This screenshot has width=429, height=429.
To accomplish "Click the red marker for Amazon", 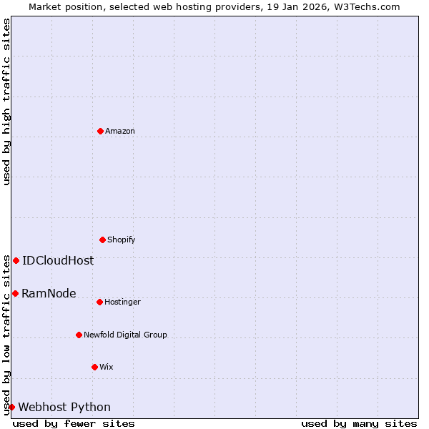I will (100, 131).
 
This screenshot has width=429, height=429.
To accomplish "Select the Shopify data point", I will (102, 240).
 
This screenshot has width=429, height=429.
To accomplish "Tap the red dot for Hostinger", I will (99, 302).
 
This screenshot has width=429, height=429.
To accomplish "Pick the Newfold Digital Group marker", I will (79, 335).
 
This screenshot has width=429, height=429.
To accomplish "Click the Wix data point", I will (94, 367).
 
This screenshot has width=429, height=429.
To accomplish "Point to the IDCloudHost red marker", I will (16, 260).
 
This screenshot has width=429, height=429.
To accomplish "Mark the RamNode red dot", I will (15, 293).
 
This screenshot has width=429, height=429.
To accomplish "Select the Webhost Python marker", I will (11, 407).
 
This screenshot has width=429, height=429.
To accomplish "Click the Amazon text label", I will (120, 131).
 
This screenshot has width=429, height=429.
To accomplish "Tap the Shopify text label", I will (122, 240).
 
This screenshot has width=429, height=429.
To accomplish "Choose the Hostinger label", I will (122, 302).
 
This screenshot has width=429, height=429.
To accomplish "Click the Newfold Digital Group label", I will (125, 335).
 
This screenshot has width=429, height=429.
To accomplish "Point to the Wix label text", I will (107, 367).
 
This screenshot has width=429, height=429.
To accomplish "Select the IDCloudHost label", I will (58, 260).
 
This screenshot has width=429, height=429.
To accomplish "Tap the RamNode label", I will (49, 293).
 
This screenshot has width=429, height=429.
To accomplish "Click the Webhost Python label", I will (64, 407).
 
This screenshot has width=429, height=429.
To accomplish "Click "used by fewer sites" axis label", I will (74, 423).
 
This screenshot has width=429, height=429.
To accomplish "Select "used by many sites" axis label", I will (359, 423).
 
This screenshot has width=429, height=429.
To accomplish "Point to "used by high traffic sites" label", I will (6, 102).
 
